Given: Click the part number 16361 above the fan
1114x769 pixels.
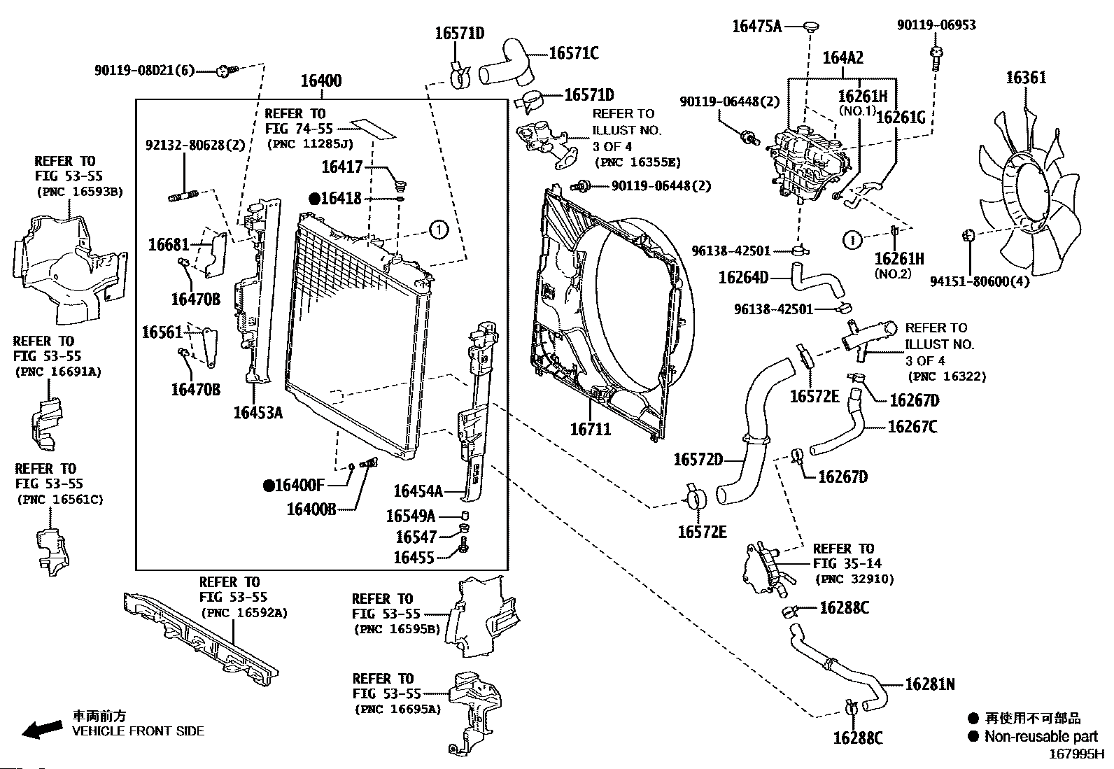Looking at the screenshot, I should click(x=1026, y=77).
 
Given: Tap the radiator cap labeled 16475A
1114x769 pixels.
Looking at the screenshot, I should click(x=811, y=27).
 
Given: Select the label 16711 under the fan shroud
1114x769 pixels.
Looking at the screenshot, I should click(x=590, y=429).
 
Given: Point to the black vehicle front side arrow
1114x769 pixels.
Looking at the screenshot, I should click(x=41, y=731).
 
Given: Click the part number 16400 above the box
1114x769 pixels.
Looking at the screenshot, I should click(x=321, y=80).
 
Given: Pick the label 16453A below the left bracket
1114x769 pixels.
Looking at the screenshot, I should click(x=258, y=412).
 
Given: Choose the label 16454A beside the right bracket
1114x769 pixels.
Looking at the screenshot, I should click(x=418, y=491).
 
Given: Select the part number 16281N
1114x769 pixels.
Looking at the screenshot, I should click(x=929, y=684).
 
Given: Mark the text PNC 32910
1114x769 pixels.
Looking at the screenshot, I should click(x=854, y=579).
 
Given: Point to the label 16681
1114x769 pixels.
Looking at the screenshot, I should click(x=169, y=244).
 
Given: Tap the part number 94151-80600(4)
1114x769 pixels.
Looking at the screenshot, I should click(x=980, y=282).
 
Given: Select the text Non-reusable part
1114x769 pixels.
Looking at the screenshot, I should click(x=1041, y=736).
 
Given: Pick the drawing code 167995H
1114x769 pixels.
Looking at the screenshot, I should click(x=1076, y=755).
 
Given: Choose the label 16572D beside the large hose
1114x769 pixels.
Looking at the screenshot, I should click(x=698, y=460).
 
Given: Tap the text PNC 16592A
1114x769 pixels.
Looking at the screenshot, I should click(x=244, y=613).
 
